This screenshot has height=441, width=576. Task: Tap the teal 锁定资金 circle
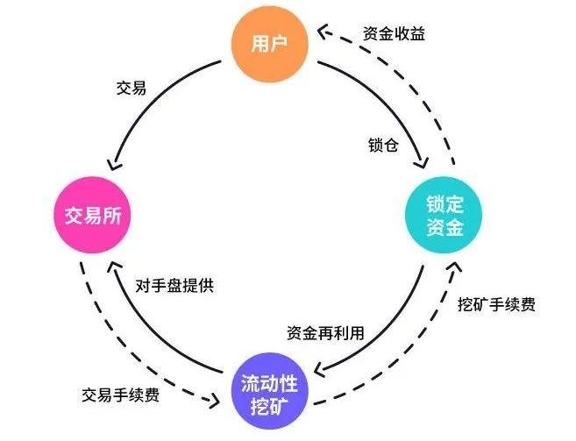(x=443, y=216)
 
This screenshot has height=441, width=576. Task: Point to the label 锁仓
(x=383, y=144)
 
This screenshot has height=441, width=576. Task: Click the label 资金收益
(x=395, y=34)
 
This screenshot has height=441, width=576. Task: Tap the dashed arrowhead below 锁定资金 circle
(x=455, y=267)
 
